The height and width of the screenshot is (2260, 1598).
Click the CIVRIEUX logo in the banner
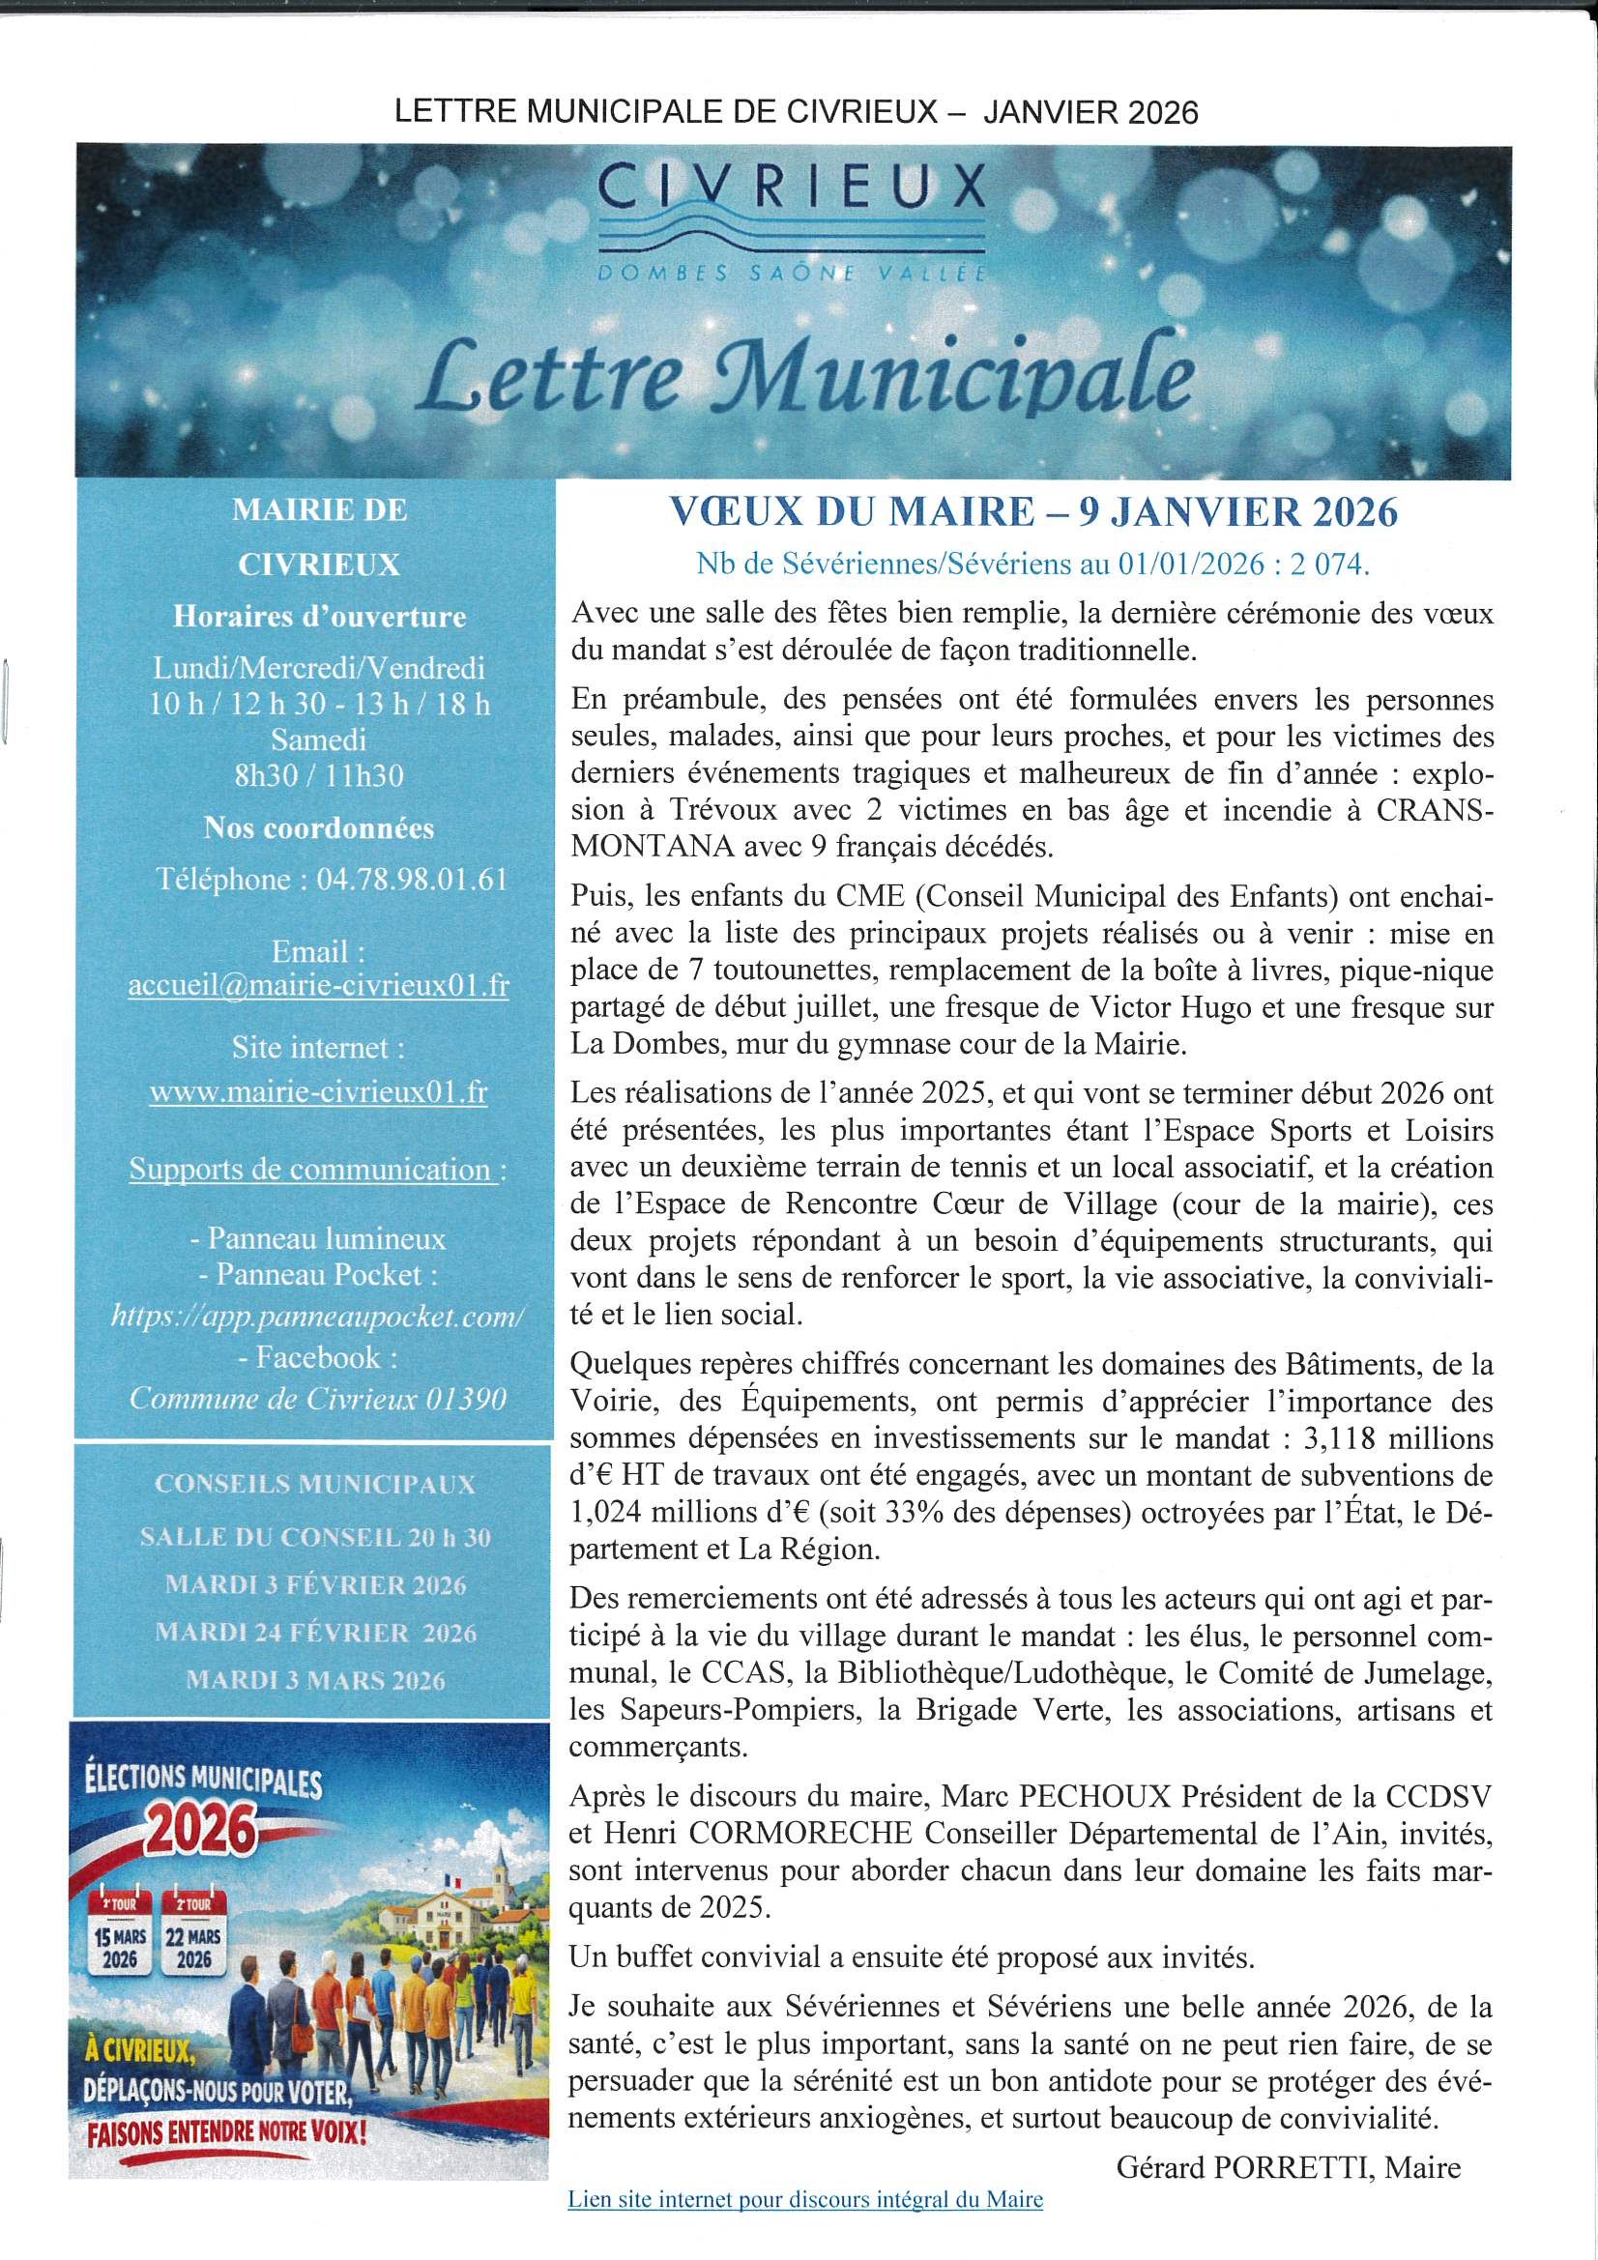[x=793, y=222]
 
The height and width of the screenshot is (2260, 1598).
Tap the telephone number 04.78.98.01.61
[x=412, y=879]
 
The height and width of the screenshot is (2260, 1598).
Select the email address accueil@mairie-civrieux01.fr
[x=319, y=985]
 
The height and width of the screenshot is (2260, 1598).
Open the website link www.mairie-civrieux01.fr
[x=318, y=1091]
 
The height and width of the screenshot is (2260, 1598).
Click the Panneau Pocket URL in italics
[x=318, y=1316]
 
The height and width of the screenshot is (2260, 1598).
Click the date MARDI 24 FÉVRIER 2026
[x=315, y=1633]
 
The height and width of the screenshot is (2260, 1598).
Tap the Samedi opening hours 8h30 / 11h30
[x=319, y=775]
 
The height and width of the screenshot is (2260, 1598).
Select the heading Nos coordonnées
[x=319, y=827]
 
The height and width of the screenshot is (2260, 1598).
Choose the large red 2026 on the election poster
[x=201, y=1831]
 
